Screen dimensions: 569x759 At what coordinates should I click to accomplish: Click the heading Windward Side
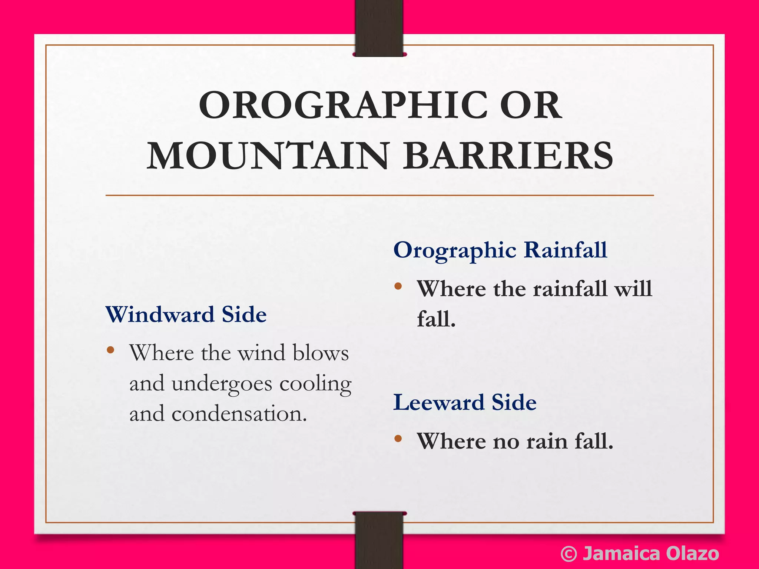coord(186,315)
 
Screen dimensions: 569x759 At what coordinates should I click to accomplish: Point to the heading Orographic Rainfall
coord(500,250)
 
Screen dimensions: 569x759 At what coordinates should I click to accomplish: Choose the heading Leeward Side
coord(465,403)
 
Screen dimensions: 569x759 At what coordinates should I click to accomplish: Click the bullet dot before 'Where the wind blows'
coord(110,350)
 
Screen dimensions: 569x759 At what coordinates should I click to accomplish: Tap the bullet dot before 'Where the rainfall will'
coord(398,286)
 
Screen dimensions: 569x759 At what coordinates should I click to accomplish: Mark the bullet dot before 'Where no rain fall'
coord(398,439)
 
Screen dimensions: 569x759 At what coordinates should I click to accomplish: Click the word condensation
coord(239,414)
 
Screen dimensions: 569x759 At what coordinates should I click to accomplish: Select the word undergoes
coord(222,384)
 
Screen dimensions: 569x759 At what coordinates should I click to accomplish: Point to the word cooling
coord(315,384)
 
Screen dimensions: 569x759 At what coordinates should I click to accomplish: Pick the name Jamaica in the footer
coord(621,554)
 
